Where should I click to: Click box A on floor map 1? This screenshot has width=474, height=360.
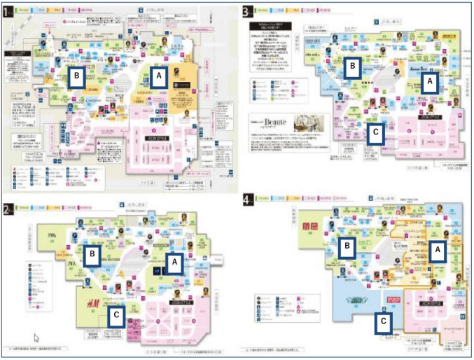coord(158,77)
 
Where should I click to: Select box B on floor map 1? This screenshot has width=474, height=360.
coord(77,75)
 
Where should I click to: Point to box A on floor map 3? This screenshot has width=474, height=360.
coord(429,81)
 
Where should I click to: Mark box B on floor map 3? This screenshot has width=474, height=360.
coord(354,66)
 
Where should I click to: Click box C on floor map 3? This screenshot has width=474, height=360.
coord(376,131)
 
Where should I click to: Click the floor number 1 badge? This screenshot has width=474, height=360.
coord(8,12)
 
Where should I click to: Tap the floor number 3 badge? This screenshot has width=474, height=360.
coord(246,12)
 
